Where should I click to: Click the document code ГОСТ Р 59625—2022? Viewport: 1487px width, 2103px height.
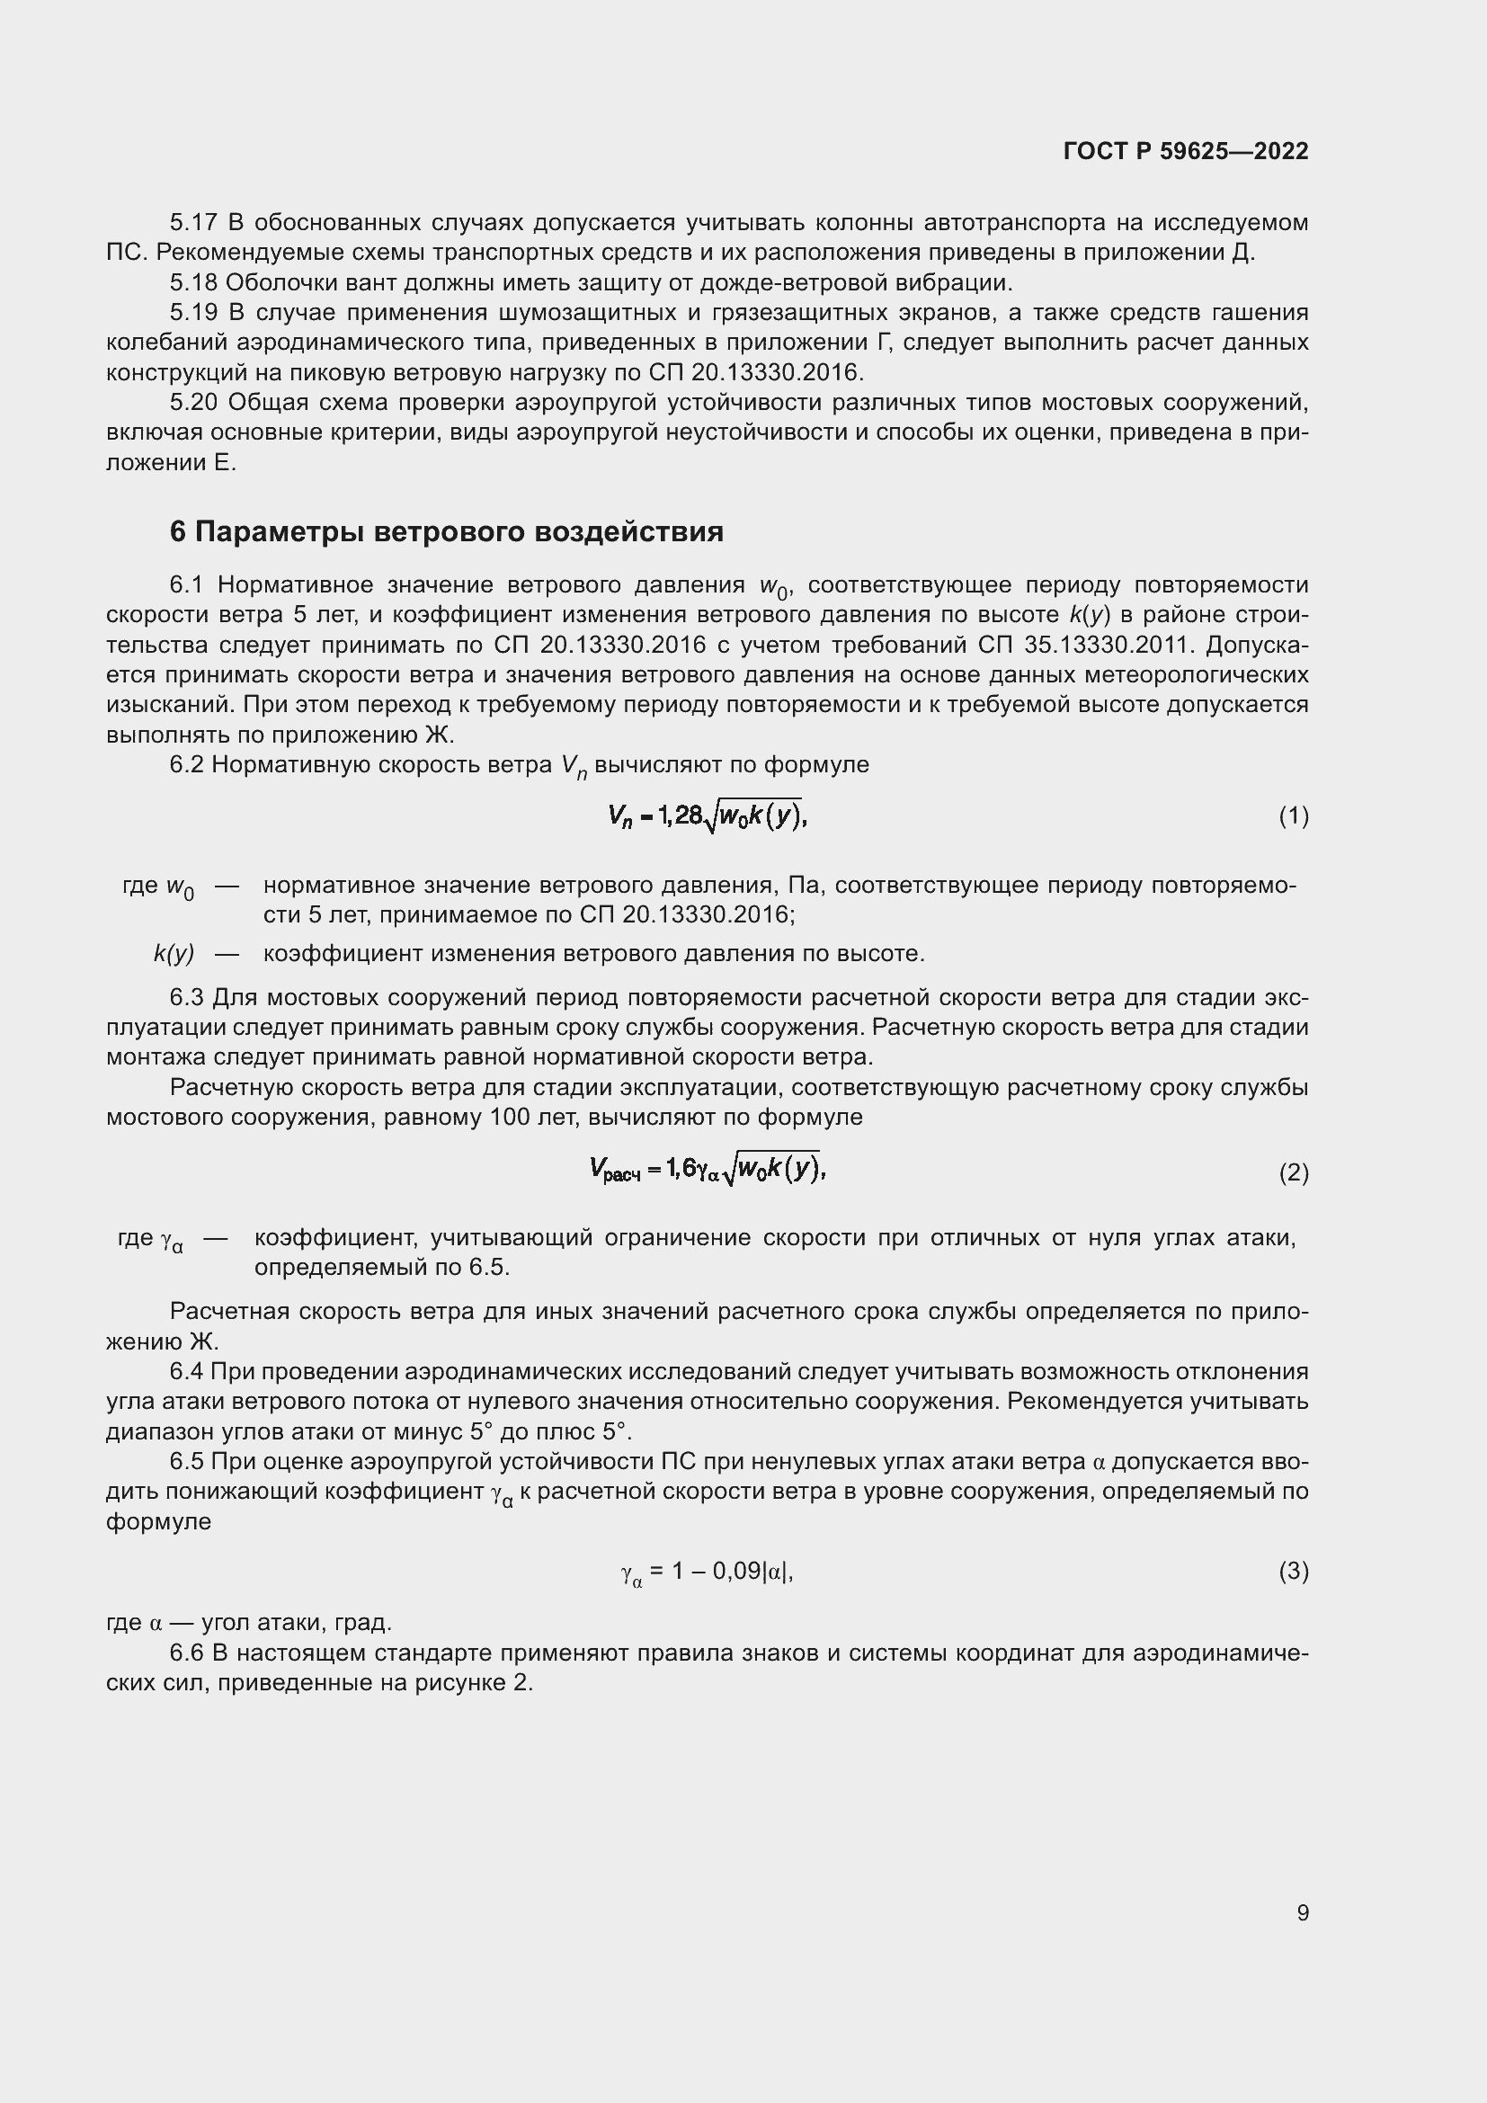click(x=1186, y=151)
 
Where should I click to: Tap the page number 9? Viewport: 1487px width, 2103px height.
click(x=1302, y=1912)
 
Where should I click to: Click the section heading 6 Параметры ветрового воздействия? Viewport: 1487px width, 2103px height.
click(x=446, y=532)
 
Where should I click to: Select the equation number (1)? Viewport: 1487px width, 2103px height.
click(x=1293, y=816)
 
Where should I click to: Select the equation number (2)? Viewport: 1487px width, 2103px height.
click(x=1293, y=1172)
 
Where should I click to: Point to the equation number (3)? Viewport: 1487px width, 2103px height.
click(x=1293, y=1572)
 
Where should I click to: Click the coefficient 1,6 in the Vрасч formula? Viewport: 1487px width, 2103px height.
click(x=681, y=1168)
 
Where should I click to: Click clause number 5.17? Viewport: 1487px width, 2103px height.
click(x=193, y=223)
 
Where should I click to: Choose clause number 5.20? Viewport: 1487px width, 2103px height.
click(x=193, y=403)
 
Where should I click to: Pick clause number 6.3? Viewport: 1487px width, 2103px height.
click(x=188, y=997)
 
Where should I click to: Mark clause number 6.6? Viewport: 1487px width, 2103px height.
click(x=188, y=1653)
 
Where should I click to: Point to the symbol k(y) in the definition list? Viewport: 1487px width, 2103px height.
click(x=174, y=953)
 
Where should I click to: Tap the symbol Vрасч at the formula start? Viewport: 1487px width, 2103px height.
click(x=614, y=1170)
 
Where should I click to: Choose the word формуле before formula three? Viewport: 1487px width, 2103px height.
click(x=158, y=1521)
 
